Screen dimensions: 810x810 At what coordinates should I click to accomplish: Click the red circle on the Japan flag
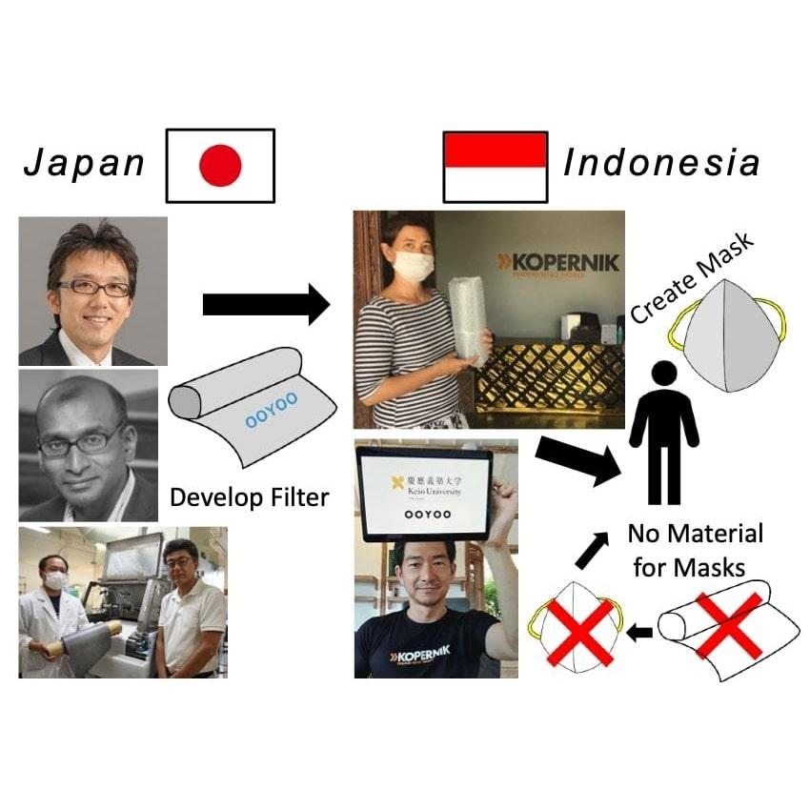220,166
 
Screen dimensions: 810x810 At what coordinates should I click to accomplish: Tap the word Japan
84,164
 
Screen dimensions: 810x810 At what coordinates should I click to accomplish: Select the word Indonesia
661,163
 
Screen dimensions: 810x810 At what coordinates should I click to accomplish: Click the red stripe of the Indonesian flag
495,150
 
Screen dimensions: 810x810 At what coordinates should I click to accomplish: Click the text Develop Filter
249,496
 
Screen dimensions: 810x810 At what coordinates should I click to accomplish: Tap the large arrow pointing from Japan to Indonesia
265,306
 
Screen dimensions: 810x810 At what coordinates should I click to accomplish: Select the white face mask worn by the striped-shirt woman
414,265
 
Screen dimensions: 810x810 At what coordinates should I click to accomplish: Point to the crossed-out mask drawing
576,630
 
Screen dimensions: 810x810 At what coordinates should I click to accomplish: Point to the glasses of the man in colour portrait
93,287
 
